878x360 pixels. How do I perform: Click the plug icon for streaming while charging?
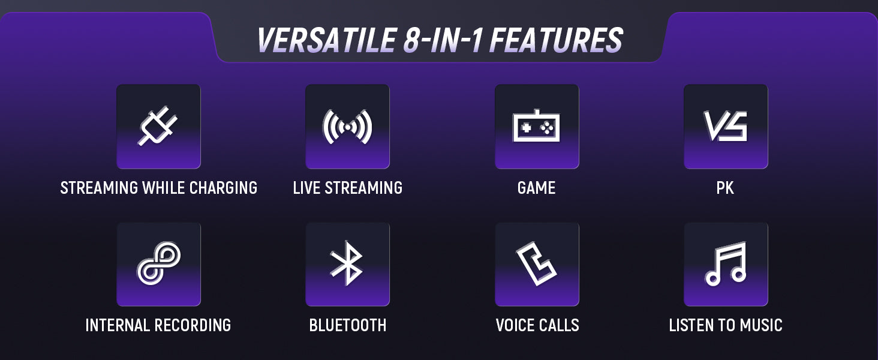pos(158,126)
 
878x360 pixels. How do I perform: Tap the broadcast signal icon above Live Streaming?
pos(347,127)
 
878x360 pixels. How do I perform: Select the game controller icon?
pos(536,125)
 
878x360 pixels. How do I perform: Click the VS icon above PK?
pos(726,126)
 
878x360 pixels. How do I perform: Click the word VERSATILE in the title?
pos(326,40)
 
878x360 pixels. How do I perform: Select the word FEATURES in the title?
pos(556,40)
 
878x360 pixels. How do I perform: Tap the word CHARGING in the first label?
pos(224,188)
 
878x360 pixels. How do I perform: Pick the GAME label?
pos(536,188)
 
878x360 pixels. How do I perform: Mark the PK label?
pos(725,188)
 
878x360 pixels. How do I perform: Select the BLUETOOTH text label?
pos(348,325)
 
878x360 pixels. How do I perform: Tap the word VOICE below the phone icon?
pos(515,325)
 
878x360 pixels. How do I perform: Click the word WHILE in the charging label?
pos(164,188)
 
